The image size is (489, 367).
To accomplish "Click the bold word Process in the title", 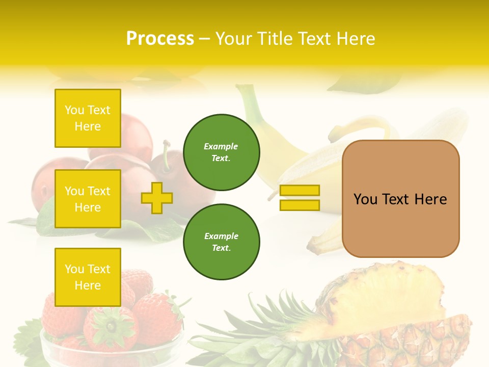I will pyautogui.click(x=160, y=38).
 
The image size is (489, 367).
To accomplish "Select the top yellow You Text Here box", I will pyautogui.click(x=88, y=118).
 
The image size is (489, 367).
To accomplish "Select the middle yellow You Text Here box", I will pyautogui.click(x=88, y=199).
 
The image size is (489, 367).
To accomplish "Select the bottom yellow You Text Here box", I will pyautogui.click(x=88, y=277).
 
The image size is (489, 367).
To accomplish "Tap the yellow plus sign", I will pyautogui.click(x=157, y=198).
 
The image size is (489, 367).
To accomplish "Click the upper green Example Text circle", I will pyautogui.click(x=221, y=152).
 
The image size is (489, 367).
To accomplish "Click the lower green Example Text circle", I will pyautogui.click(x=221, y=242).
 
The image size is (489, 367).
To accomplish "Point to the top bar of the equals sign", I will pyautogui.click(x=300, y=191).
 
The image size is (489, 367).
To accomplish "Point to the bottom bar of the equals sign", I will pyautogui.click(x=300, y=205).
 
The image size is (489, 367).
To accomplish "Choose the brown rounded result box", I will pyautogui.click(x=401, y=224).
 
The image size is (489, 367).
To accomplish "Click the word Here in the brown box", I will pyautogui.click(x=430, y=199).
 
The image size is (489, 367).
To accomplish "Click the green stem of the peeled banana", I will pyautogui.click(x=249, y=102).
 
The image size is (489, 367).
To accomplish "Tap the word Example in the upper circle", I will pyautogui.click(x=221, y=146).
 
